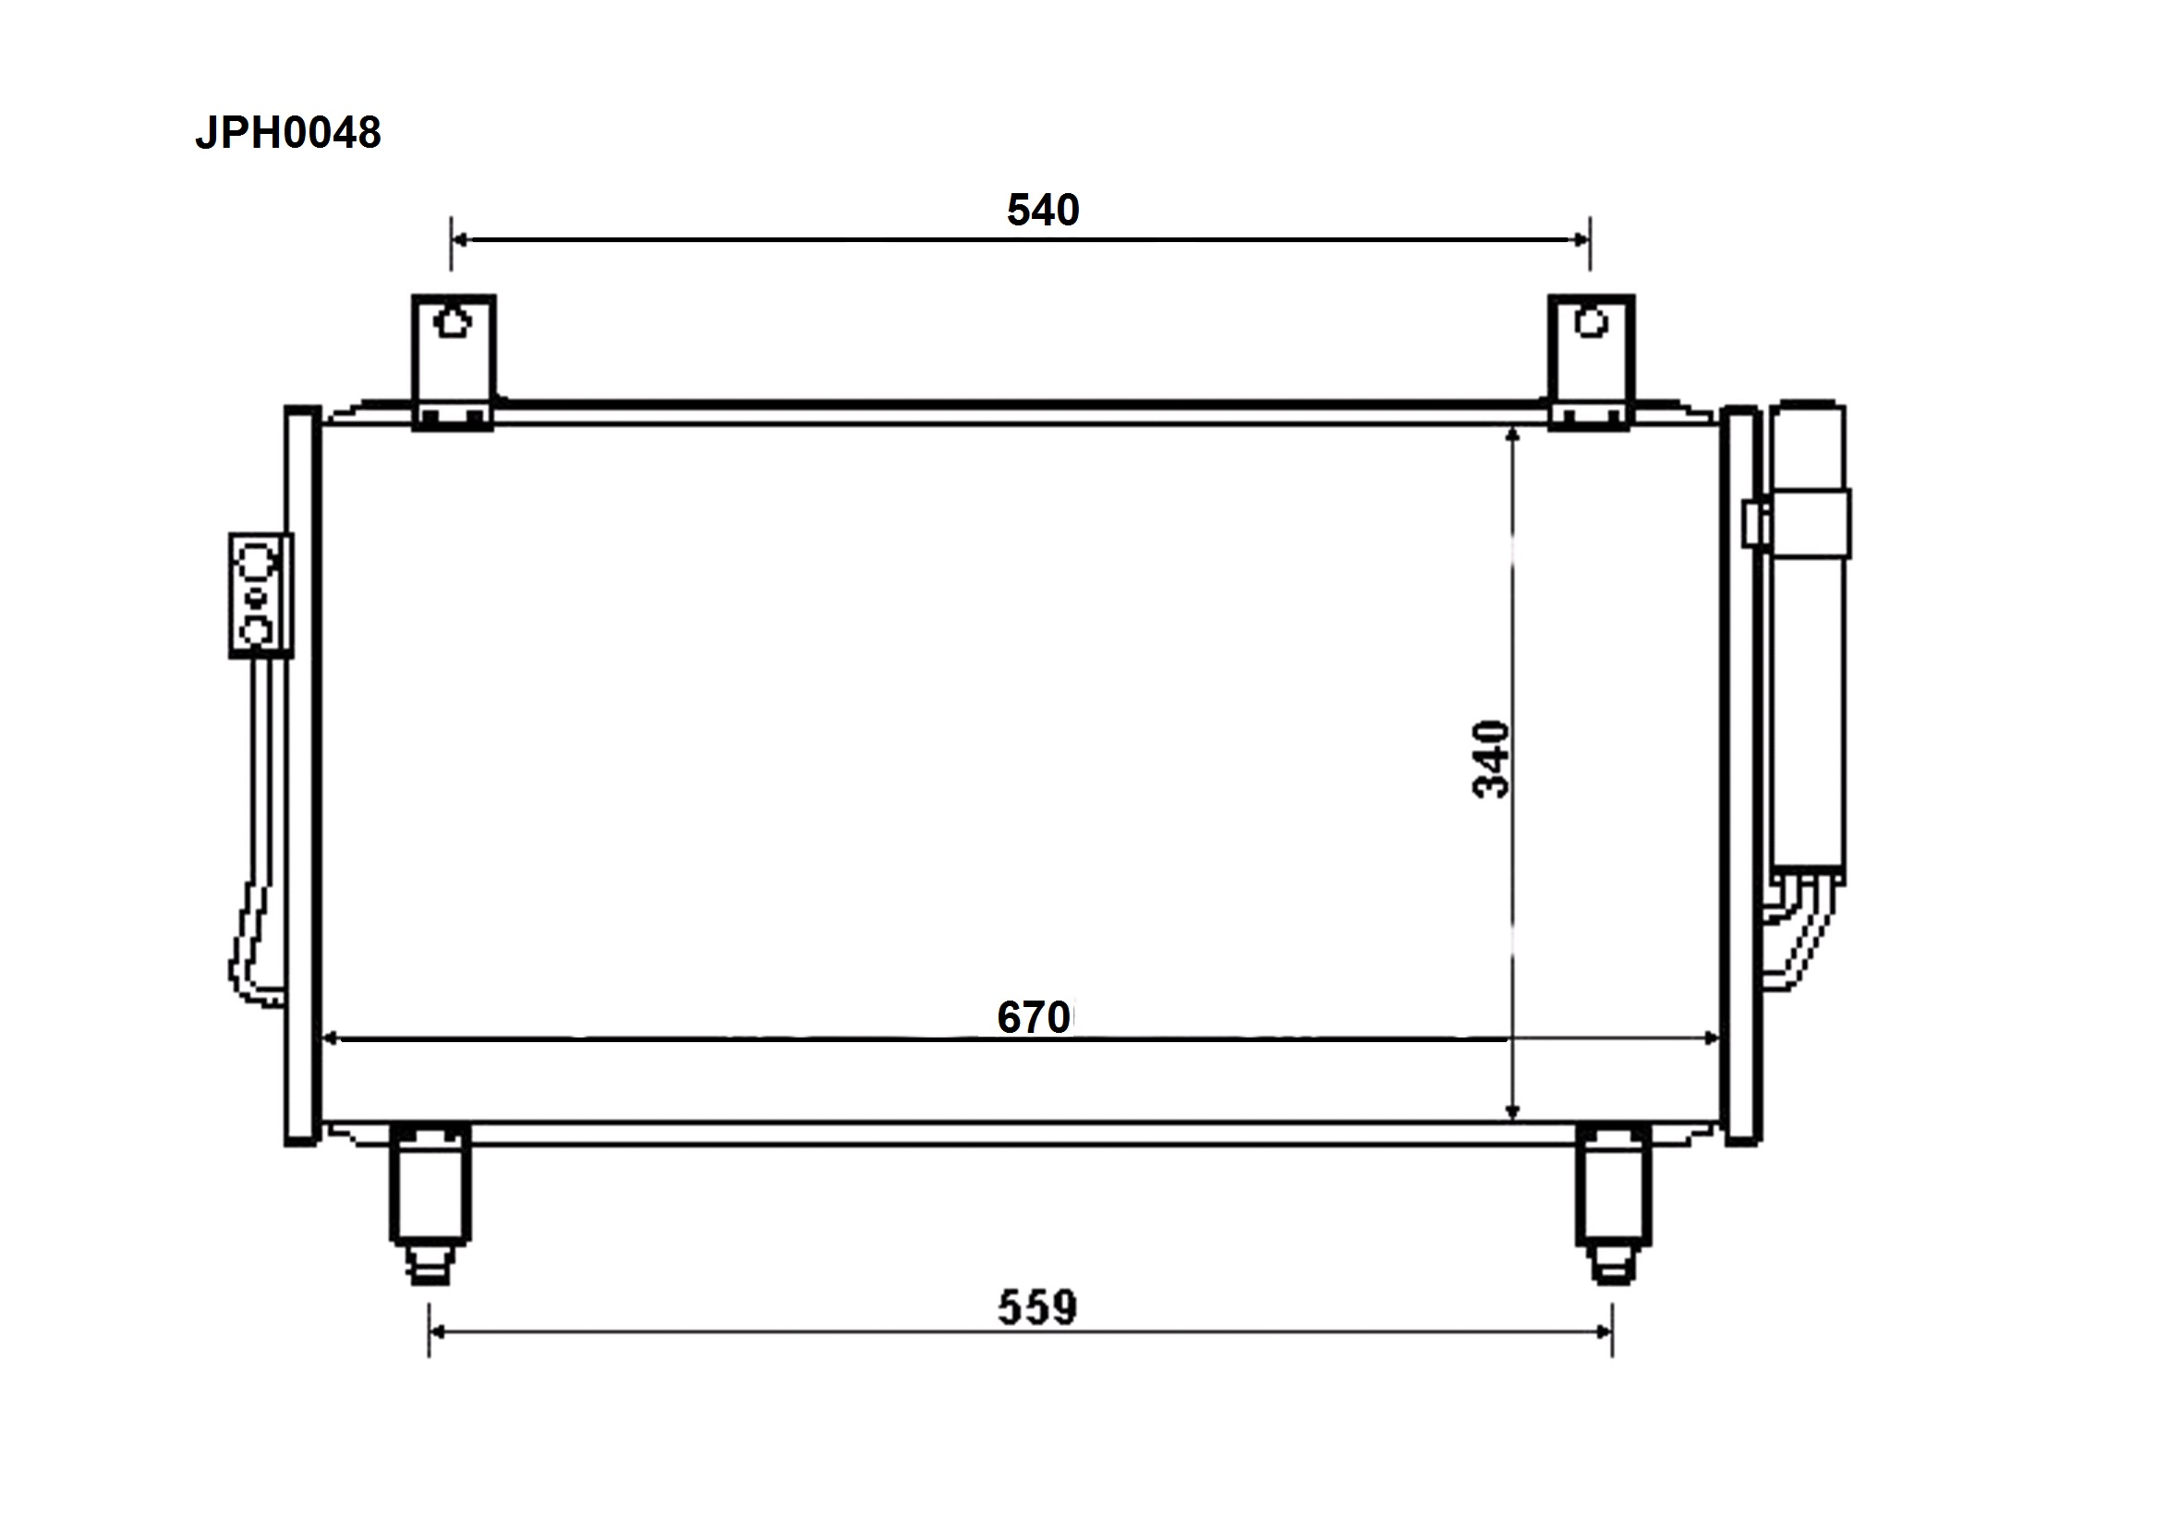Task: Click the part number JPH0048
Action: (287, 133)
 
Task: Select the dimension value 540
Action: (1043, 210)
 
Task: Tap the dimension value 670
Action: (1034, 1017)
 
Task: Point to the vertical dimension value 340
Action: (1491, 760)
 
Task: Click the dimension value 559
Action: (1036, 1307)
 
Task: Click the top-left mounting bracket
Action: (454, 362)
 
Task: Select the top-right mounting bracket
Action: (1592, 362)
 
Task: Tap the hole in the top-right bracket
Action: (1592, 322)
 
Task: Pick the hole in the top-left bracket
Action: (453, 322)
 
